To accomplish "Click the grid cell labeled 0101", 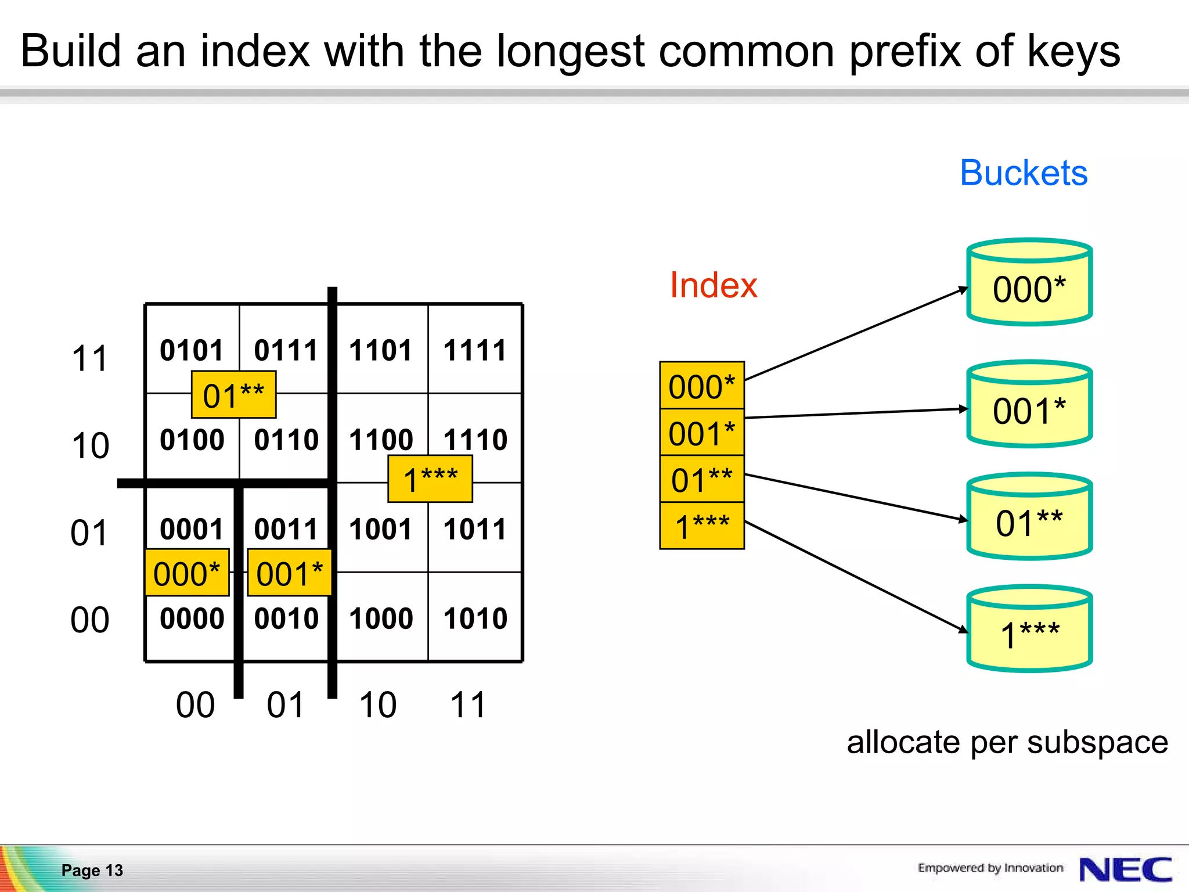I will pyautogui.click(x=192, y=350).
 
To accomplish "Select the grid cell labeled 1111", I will pyautogui.click(x=475, y=350).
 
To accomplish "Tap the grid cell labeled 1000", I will pyautogui.click(x=381, y=618).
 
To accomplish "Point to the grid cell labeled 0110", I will pyautogui.click(x=286, y=440).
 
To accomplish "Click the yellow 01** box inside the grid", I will pyautogui.click(x=233, y=395).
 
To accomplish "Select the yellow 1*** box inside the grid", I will pyautogui.click(x=430, y=479).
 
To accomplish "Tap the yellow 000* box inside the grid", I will pyautogui.click(x=187, y=573).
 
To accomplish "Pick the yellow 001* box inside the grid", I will pyautogui.click(x=289, y=573).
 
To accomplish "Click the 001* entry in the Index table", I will pyautogui.click(x=701, y=433).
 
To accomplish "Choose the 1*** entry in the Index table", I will pyautogui.click(x=701, y=526).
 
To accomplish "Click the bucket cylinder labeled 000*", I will pyautogui.click(x=1029, y=283).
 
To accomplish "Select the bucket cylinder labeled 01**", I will pyautogui.click(x=1029, y=517).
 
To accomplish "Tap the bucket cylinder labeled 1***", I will pyautogui.click(x=1029, y=630).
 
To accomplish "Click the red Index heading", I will pyautogui.click(x=713, y=285).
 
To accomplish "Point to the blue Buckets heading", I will pyautogui.click(x=1023, y=173).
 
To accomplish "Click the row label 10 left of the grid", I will pyautogui.click(x=90, y=446).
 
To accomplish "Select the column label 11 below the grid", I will pyautogui.click(x=467, y=705).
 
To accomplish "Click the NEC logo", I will pyautogui.click(x=1125, y=869).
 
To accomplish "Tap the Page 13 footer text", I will pyautogui.click(x=92, y=870).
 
